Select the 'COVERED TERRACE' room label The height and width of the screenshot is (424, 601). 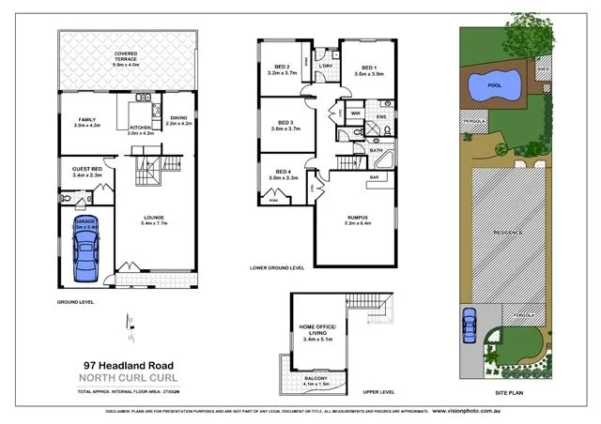pos(127,59)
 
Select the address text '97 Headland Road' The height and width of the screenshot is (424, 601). pos(124,365)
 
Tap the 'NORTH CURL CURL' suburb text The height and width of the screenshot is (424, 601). pos(124,378)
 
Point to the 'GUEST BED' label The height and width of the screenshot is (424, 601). pos(86,168)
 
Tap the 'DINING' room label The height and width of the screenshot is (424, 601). pos(178,117)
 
